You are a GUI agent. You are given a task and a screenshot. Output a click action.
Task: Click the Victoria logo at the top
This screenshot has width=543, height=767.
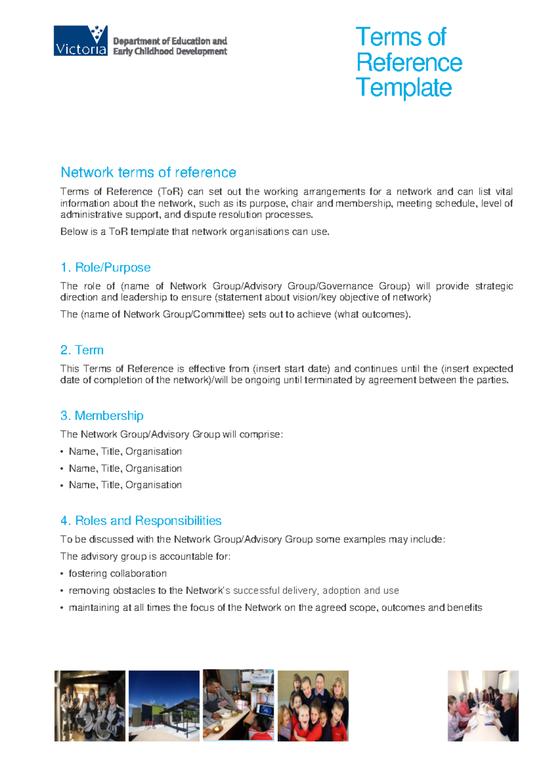[x=81, y=41]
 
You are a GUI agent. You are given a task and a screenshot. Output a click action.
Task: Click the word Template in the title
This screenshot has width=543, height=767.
[x=404, y=88]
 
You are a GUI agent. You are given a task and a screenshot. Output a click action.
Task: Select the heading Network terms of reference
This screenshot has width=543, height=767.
[x=148, y=172]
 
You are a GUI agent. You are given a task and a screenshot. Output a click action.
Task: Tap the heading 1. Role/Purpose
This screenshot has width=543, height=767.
[x=105, y=267]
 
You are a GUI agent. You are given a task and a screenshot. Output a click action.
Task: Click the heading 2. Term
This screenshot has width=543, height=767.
[x=82, y=350]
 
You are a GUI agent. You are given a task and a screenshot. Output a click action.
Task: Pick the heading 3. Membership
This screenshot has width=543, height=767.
[x=102, y=416]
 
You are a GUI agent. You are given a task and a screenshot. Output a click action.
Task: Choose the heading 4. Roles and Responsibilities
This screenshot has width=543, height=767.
[x=141, y=521]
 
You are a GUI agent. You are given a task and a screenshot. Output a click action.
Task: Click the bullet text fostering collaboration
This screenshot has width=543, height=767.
[x=118, y=573]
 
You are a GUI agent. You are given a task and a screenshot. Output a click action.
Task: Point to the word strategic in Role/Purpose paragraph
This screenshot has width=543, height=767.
[x=494, y=286]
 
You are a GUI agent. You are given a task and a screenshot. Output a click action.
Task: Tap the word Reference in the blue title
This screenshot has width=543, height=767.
[x=409, y=62]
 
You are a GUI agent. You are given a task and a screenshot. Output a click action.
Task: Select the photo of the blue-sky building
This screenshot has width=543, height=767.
[x=164, y=705]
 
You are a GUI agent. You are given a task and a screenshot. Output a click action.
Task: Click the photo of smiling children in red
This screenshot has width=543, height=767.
[x=313, y=705]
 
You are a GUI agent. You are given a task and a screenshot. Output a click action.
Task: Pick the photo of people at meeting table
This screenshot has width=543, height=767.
[x=483, y=705]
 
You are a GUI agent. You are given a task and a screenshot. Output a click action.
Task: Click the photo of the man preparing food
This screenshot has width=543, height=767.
[x=238, y=705]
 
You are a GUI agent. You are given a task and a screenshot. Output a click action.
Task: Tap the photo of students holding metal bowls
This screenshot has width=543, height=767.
[x=90, y=705]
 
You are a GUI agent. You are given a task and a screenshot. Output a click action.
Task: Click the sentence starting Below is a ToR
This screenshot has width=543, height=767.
[x=195, y=232]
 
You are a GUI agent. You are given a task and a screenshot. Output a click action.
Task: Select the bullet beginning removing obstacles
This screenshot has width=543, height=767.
[x=233, y=591]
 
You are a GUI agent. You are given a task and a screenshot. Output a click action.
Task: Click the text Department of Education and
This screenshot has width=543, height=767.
[x=170, y=41]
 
